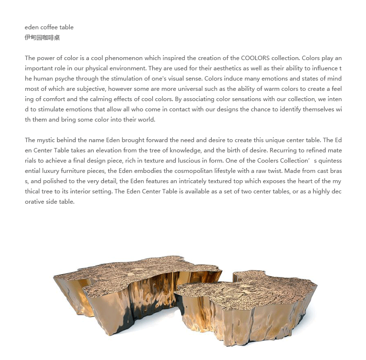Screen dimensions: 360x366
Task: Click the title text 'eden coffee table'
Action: pos(49,27)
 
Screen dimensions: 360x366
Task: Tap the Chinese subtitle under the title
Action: pos(42,38)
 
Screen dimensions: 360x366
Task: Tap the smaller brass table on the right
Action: pos(254,308)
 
